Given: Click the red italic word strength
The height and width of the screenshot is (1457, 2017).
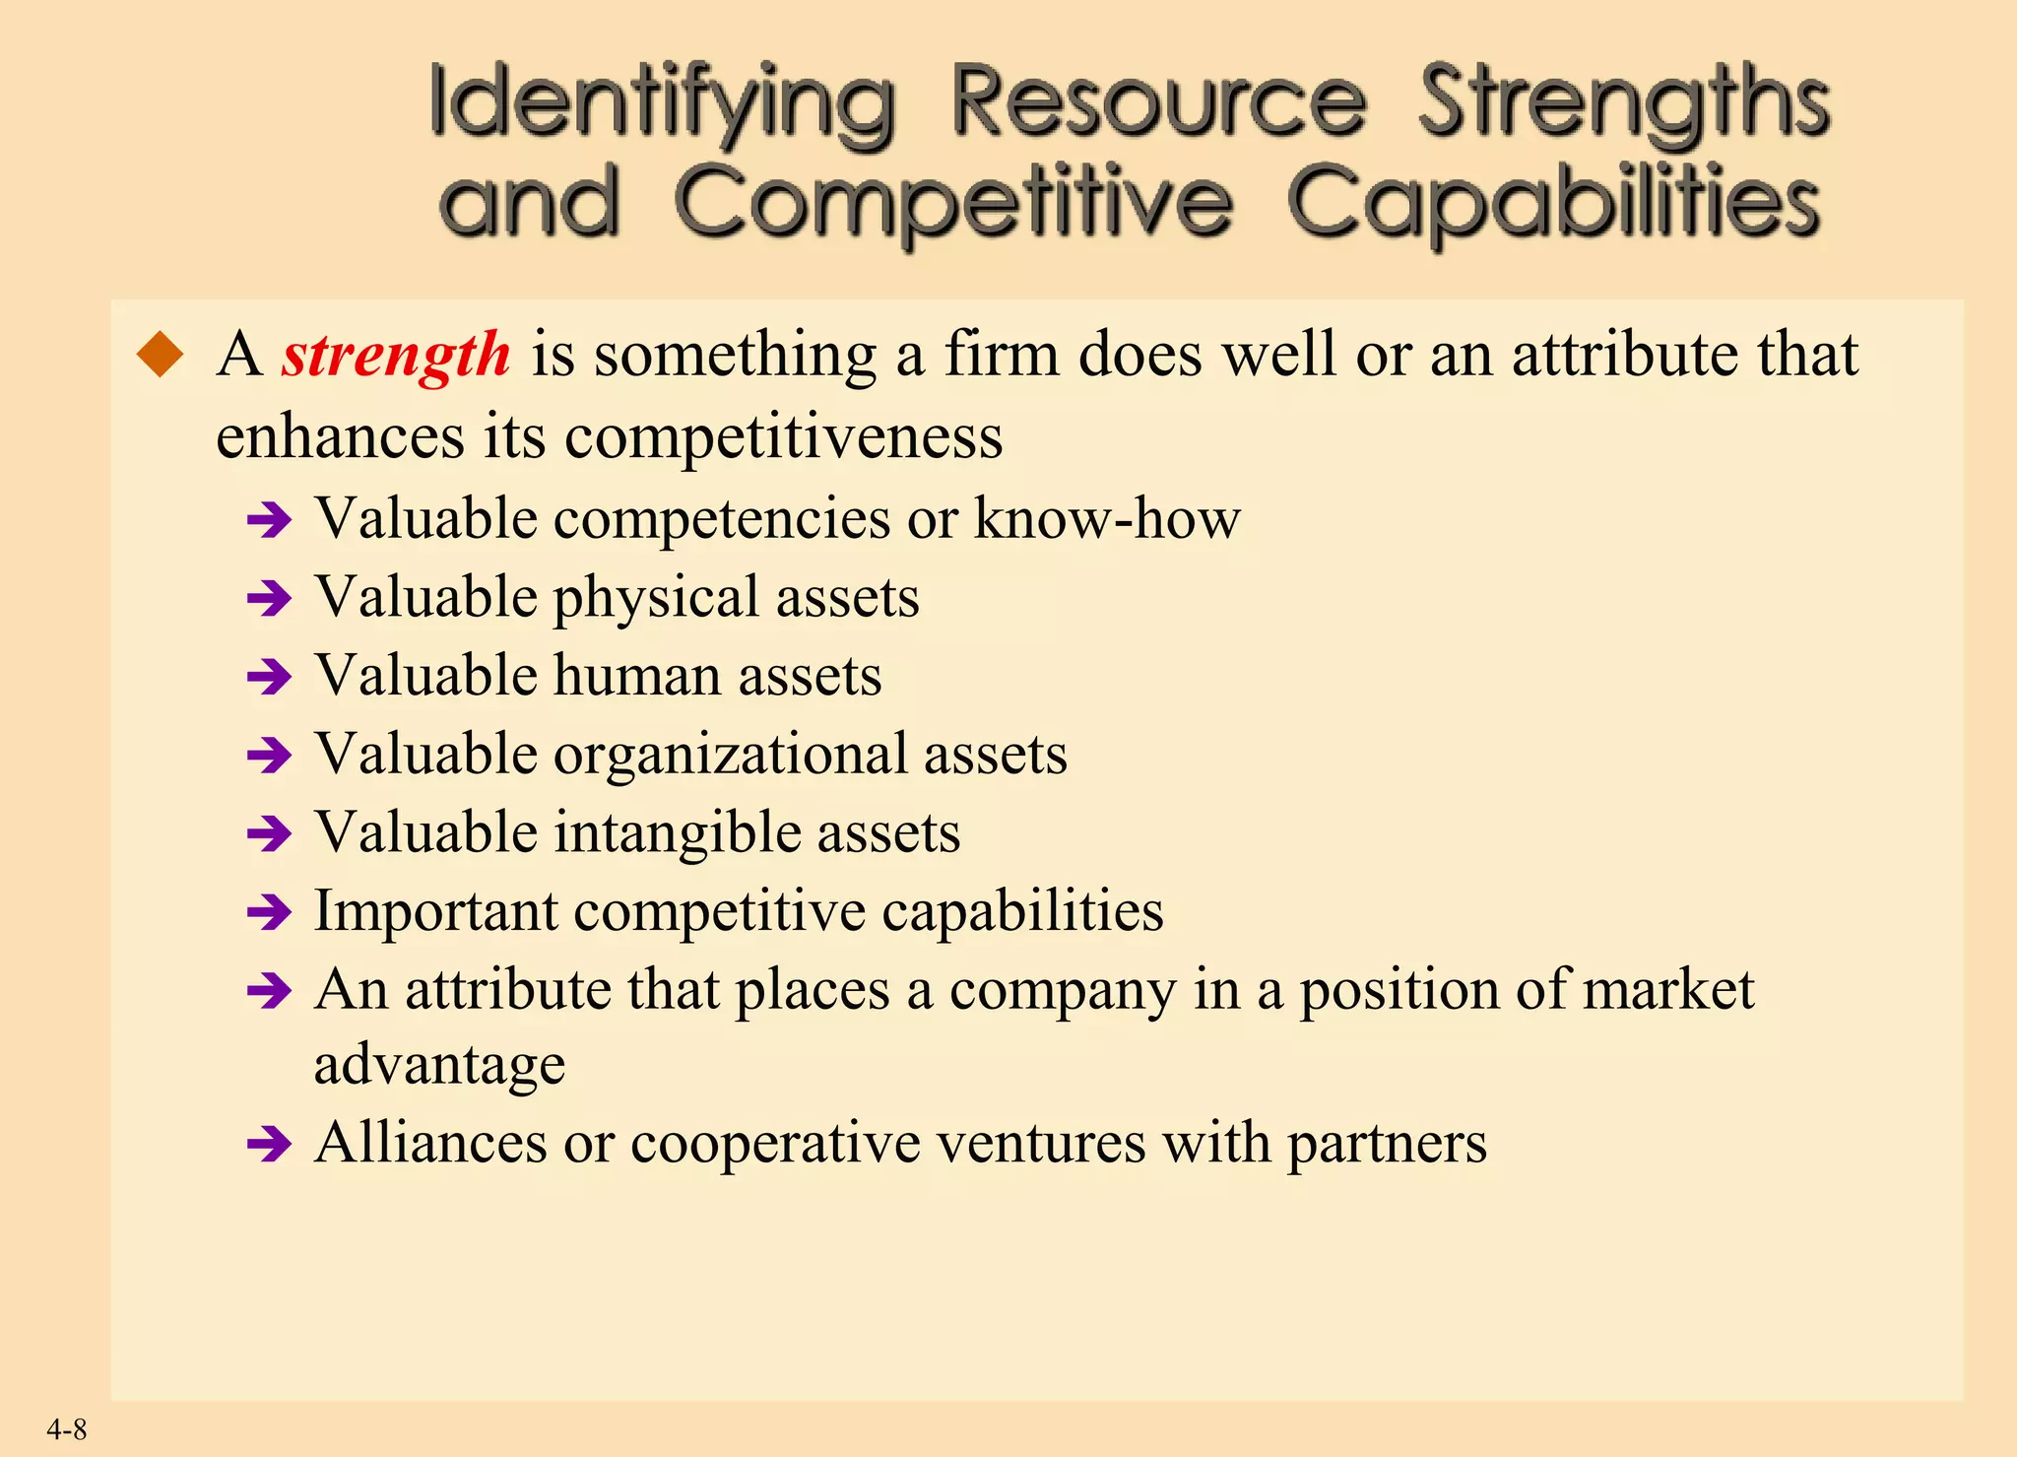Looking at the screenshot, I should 396,356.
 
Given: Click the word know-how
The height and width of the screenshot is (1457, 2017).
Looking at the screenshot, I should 1107,518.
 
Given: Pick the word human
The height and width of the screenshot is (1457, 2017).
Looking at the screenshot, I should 637,676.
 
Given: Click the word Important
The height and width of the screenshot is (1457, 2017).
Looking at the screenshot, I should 435,911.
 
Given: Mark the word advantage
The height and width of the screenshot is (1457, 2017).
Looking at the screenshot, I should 439,1065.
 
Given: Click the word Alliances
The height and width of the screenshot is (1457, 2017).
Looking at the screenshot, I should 430,1144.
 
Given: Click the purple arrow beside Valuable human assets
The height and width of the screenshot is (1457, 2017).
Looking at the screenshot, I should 269,678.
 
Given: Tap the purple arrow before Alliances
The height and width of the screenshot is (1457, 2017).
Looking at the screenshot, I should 269,1146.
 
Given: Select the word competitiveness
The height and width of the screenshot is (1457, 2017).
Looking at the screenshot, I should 783,435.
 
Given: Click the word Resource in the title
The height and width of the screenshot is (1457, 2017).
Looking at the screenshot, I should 1158,102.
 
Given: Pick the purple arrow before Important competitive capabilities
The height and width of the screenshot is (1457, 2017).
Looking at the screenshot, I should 269,913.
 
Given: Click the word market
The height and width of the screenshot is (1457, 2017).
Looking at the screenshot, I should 1667,990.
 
